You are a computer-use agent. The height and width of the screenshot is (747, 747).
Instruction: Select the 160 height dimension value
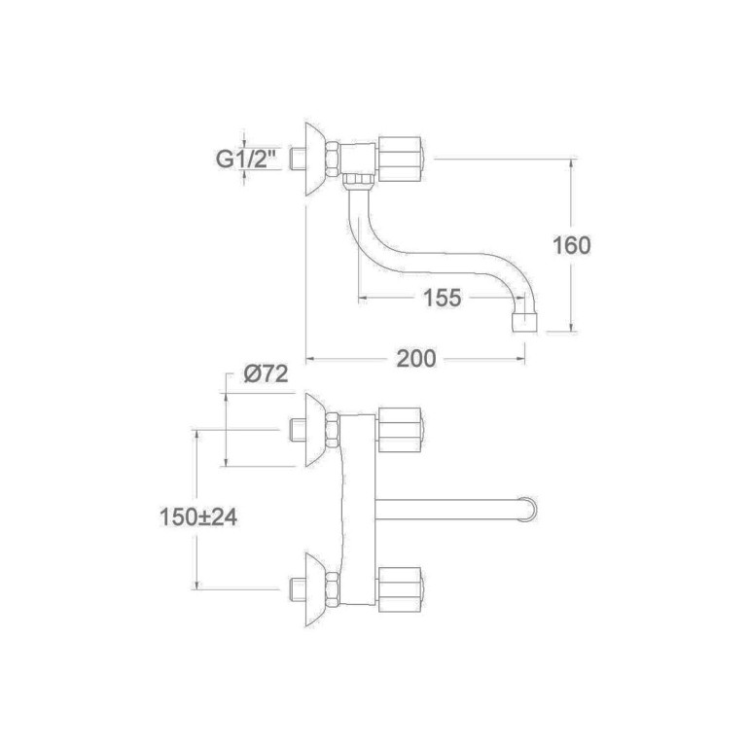tap(571, 244)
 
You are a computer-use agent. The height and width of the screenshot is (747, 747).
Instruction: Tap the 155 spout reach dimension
tap(442, 299)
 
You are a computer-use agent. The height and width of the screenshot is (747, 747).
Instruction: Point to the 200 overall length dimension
tap(415, 359)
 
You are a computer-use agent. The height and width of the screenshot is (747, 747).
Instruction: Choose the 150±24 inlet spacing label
tap(198, 517)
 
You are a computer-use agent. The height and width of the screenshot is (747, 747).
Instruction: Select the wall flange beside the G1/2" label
tap(314, 160)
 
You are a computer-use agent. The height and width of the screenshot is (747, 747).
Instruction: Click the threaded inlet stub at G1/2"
tap(298, 159)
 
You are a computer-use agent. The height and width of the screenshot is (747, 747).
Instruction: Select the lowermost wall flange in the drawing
tap(314, 587)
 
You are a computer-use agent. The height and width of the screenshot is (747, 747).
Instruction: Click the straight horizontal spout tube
tap(447, 508)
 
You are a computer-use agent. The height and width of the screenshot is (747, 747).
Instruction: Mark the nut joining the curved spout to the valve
tap(359, 179)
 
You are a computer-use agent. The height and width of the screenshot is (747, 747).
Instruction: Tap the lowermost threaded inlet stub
tap(298, 587)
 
